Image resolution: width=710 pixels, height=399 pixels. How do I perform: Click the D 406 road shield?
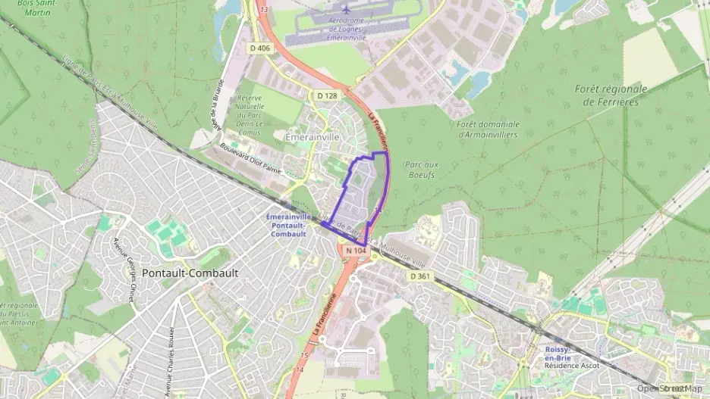pos(259,48)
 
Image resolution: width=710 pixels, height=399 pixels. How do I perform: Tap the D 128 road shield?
pos(327,95)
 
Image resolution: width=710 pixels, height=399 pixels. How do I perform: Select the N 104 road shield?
pos(356,250)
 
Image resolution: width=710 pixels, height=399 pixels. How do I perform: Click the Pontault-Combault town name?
pos(190,273)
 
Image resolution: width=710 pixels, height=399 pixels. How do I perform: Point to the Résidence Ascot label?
pos(571,365)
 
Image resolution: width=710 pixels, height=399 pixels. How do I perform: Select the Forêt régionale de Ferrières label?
pos(611,95)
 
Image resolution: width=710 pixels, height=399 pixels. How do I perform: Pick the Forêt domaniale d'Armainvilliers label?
pos(489,129)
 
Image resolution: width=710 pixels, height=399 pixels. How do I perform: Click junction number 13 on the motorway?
pos(264,9)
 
